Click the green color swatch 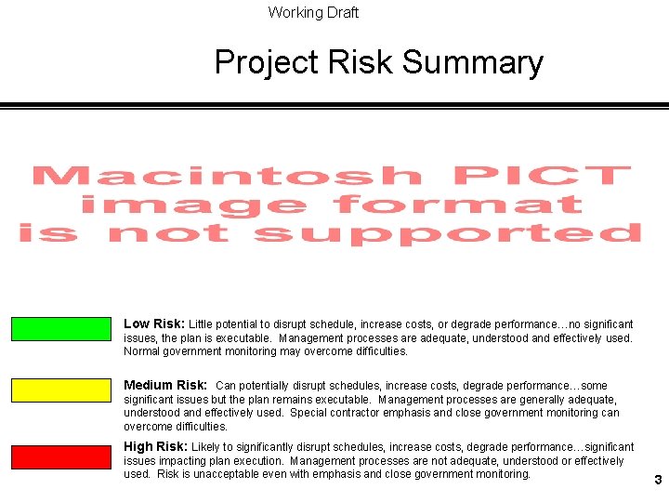point(60,329)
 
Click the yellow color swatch point(60,390)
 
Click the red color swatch point(60,456)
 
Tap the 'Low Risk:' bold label point(154,324)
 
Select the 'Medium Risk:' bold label point(165,385)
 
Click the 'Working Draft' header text point(313,12)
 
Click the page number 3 point(658,481)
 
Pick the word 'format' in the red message point(457,204)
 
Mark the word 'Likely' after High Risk point(207,447)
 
